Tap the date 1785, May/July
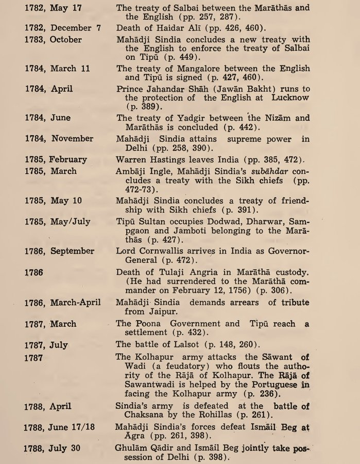point(57,221)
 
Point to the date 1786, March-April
point(61,303)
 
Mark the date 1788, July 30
point(52,448)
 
